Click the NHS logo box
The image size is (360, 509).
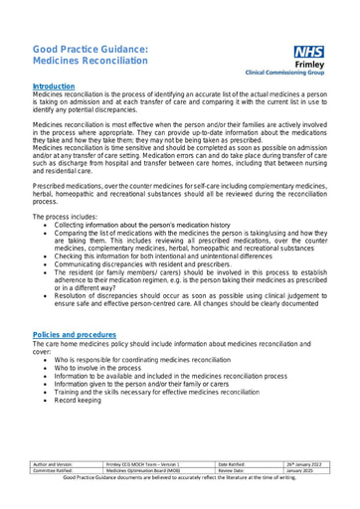tap(309, 52)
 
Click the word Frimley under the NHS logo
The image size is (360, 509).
tap(308, 65)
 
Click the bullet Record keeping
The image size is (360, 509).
tap(78, 400)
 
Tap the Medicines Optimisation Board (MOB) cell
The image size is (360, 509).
tap(143, 470)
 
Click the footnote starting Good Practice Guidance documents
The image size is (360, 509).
tap(180, 478)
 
